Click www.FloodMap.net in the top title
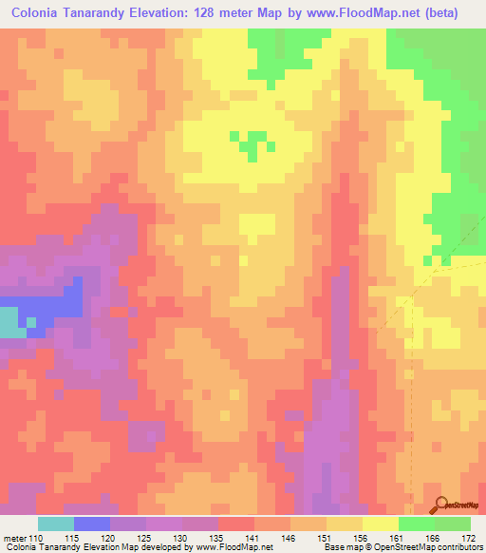tap(353, 13)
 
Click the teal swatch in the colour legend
tap(56, 524)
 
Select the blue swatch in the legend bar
tap(92, 524)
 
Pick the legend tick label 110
tap(37, 538)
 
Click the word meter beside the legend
tap(13, 538)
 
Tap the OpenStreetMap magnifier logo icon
tap(439, 505)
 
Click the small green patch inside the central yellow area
tap(252, 147)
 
